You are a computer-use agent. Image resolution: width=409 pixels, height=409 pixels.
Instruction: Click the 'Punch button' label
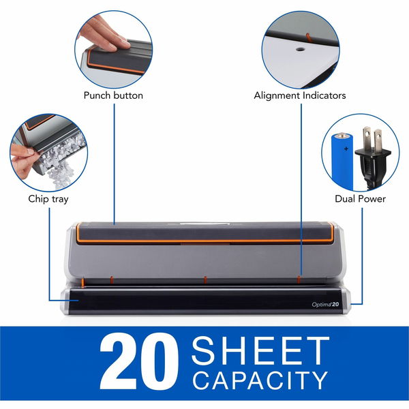click(113, 95)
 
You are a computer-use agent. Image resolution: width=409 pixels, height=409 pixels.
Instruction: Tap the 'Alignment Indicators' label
click(300, 95)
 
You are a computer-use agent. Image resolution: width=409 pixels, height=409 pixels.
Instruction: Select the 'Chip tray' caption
click(48, 199)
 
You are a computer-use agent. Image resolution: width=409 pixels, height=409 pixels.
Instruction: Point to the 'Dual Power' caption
click(360, 199)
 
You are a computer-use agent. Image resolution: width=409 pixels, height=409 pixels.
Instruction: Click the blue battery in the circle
click(342, 161)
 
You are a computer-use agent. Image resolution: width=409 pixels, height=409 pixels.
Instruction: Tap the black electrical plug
click(372, 157)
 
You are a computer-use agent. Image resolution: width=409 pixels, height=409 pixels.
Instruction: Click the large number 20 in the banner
click(139, 362)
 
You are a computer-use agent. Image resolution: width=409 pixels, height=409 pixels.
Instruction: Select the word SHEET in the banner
click(260, 350)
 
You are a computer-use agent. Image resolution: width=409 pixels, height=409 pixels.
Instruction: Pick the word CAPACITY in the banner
click(260, 380)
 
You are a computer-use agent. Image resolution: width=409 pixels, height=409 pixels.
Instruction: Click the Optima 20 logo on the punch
click(325, 304)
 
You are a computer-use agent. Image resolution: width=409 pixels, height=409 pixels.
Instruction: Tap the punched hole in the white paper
click(300, 49)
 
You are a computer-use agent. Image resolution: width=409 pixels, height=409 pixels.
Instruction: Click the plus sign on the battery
click(346, 149)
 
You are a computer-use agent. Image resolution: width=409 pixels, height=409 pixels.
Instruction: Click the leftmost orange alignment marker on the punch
click(83, 283)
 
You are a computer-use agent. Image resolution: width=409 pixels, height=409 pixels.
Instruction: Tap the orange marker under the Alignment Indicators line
click(299, 279)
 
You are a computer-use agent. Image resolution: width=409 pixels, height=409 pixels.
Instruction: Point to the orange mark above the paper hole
click(308, 37)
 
